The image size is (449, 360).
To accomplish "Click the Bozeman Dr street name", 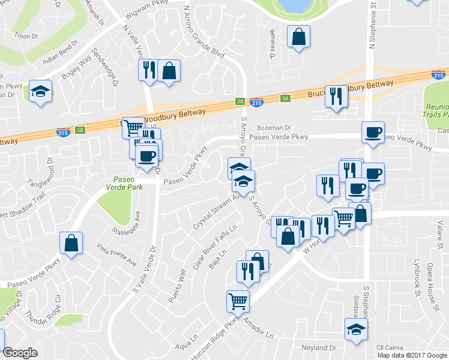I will coord(274,128).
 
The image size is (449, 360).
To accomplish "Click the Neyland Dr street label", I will coord(319,347).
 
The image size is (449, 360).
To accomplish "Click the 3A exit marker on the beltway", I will coord(285,98).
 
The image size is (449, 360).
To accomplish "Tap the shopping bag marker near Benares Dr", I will coord(298,37).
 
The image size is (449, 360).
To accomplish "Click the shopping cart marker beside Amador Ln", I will coord(238,301).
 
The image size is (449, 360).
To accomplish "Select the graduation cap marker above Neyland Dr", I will coord(356,329).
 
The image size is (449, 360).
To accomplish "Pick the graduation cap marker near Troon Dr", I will coord(41,91).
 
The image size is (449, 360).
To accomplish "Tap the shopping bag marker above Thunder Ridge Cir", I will coord(71,243).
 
